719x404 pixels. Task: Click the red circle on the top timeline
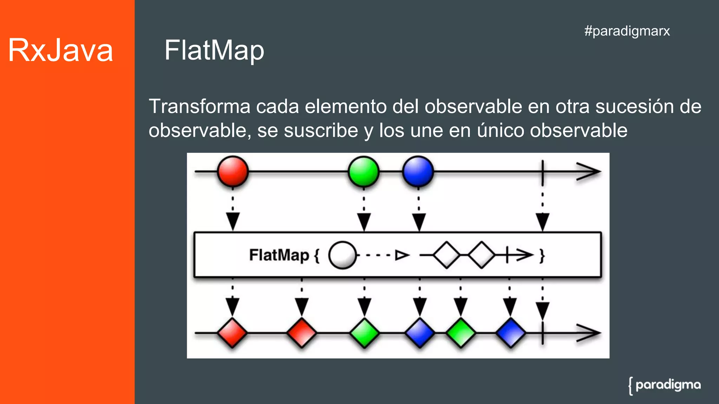coord(233,171)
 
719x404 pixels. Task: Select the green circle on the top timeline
coord(364,171)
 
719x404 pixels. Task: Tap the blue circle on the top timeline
coord(418,171)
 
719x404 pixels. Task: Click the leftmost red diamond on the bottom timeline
coord(232,333)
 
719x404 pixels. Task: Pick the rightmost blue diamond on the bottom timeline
coord(511,333)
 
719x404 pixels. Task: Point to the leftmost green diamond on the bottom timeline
coord(364,333)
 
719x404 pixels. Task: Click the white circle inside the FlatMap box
coord(342,255)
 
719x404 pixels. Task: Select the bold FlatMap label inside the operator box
coord(279,255)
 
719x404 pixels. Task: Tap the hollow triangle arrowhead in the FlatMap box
coord(402,255)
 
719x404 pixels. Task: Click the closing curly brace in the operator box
coord(542,256)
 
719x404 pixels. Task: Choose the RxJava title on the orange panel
coord(60,50)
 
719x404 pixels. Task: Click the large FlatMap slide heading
coord(214,50)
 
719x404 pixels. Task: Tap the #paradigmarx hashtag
coord(627,31)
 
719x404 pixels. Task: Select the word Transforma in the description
coord(199,106)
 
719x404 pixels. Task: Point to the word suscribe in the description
coord(321,130)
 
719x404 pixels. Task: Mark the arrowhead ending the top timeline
coord(589,171)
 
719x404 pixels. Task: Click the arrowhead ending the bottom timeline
coord(589,333)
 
